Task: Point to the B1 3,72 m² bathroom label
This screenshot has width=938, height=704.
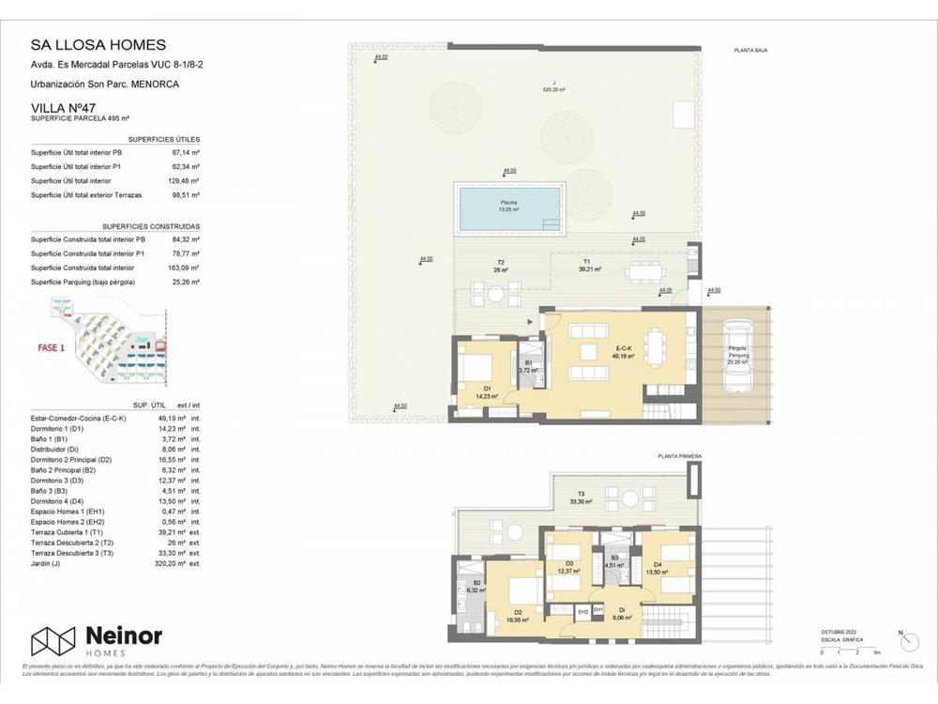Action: click(528, 367)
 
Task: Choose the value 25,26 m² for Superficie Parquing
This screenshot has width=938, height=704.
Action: click(186, 282)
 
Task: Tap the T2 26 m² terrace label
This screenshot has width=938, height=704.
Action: click(501, 267)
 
